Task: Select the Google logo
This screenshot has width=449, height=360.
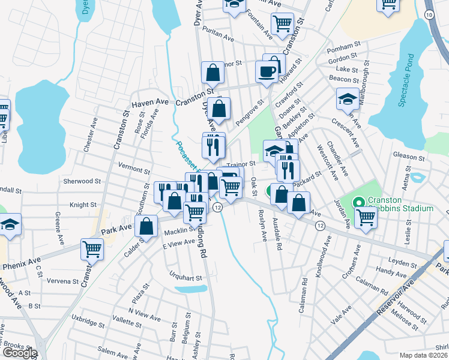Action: point(19,353)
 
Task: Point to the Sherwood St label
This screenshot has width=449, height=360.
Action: point(82,181)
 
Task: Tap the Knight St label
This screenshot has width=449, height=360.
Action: point(83,205)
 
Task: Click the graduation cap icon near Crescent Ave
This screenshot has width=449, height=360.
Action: point(348,98)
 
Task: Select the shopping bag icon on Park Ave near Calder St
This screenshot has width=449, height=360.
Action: point(146,226)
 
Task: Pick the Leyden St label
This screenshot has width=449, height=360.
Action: point(403,263)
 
